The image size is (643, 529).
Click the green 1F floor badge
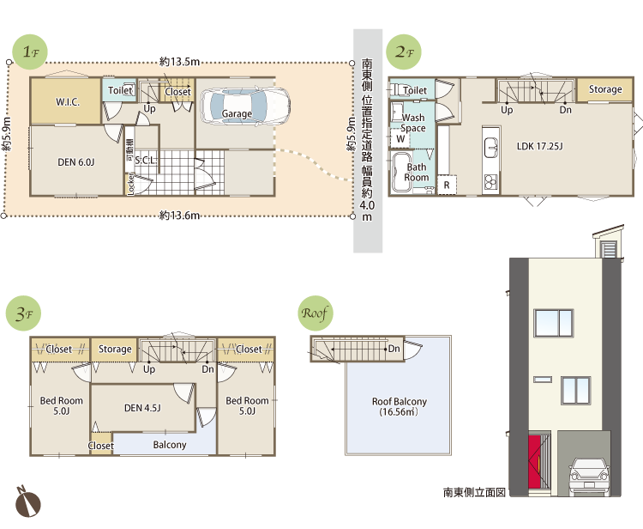tap(30, 52)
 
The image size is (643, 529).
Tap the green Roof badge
tap(315, 313)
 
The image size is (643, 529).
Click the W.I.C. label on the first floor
tap(68, 102)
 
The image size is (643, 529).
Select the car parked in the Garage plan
tap(245, 106)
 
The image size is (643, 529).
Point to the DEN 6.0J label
tap(75, 162)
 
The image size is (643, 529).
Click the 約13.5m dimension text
tap(180, 62)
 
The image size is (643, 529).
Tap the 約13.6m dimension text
tap(180, 216)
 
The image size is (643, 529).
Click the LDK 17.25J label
tap(539, 146)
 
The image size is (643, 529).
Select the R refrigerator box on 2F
tap(447, 185)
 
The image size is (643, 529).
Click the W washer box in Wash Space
tap(400, 138)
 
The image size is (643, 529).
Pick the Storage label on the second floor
tap(605, 89)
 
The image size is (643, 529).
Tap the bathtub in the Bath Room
tap(401, 172)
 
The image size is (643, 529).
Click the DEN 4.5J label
tap(142, 408)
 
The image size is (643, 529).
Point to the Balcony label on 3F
tap(170, 445)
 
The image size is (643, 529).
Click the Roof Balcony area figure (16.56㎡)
tap(399, 412)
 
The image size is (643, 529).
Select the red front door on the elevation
tap(534, 462)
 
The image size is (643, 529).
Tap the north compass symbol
tap(28, 502)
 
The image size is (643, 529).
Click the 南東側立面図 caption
tap(474, 492)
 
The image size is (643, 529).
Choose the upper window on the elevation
tap(553, 323)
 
